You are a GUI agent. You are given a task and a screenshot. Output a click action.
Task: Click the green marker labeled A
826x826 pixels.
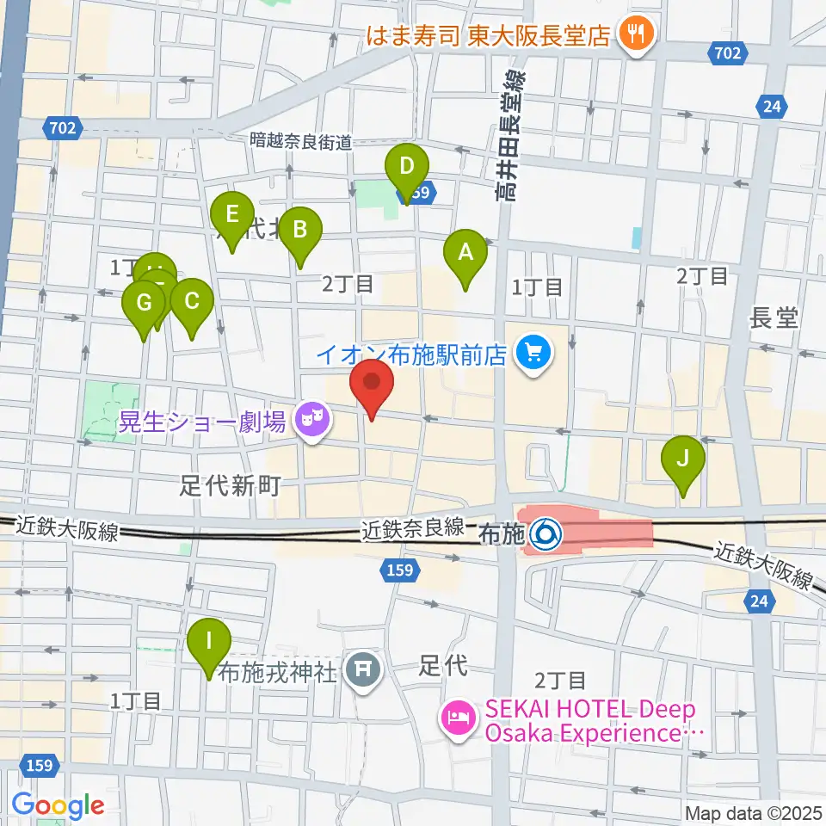[465, 254]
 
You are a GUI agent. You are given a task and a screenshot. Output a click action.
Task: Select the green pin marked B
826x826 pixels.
[300, 230]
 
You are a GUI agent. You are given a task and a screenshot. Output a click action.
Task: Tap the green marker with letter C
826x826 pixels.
[191, 302]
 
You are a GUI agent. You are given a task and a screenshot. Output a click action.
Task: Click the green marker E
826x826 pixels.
[232, 214]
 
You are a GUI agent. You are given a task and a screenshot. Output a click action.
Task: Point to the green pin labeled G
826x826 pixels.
[144, 304]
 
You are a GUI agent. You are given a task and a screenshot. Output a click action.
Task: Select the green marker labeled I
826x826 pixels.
[209, 642]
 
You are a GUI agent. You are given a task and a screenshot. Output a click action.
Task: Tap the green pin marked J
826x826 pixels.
[683, 459]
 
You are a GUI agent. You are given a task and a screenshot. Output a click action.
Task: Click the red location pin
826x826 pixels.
[372, 384]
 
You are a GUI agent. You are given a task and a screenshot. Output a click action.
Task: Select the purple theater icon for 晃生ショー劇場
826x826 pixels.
[311, 421]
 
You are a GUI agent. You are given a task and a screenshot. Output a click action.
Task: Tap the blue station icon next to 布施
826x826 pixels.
[544, 536]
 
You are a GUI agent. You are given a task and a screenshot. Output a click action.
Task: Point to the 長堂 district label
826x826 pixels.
[774, 318]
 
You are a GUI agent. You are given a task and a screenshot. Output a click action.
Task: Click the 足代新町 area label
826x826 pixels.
[231, 487]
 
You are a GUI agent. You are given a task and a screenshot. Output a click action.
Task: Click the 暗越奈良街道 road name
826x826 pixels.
[301, 141]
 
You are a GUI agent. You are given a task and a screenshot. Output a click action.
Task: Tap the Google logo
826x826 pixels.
[58, 805]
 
